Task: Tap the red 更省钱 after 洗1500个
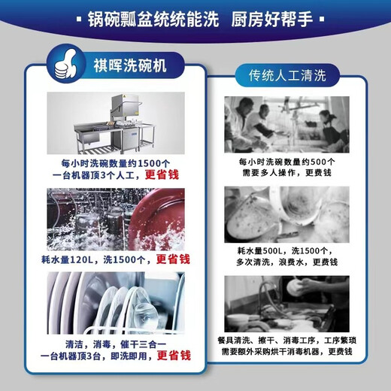[172, 259]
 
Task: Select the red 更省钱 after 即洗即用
[174, 356]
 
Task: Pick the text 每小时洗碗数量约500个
[286, 161]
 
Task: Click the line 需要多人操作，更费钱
[286, 172]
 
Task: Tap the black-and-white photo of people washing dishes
[286, 124]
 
